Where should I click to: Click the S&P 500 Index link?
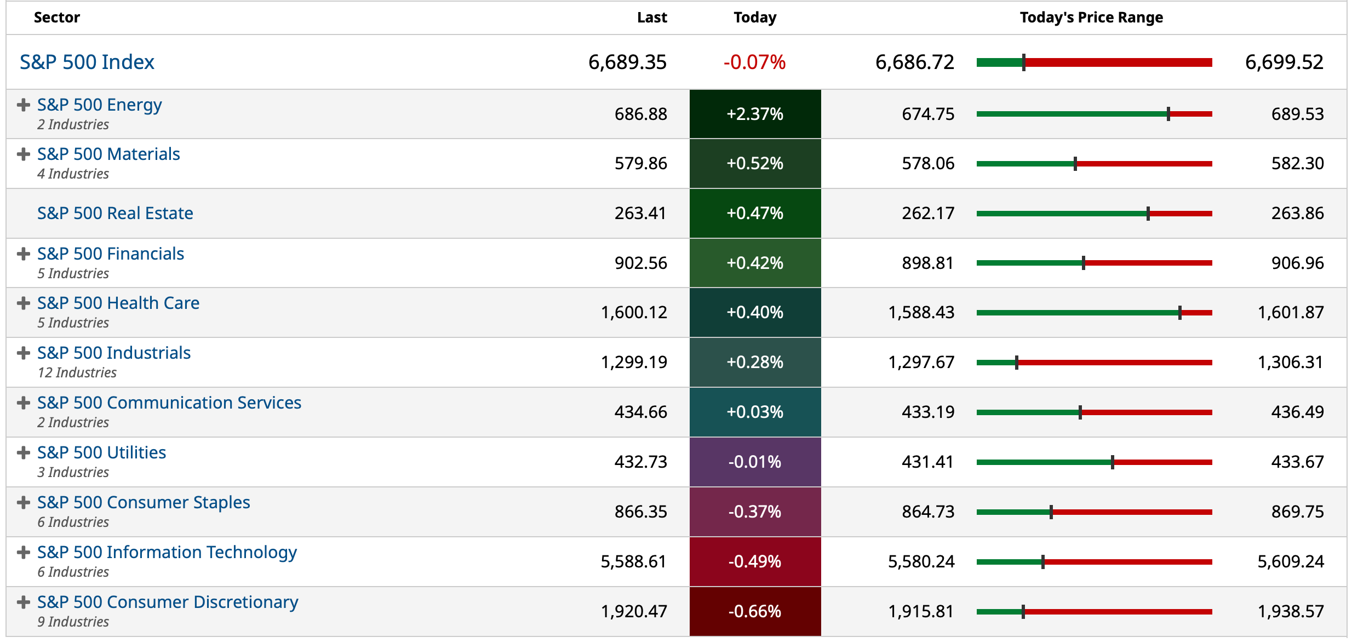point(87,62)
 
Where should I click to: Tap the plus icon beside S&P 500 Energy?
point(23,105)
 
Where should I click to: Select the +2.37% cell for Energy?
point(754,114)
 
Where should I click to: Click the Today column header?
point(754,18)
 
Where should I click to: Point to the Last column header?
point(651,18)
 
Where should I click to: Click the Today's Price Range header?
point(1091,18)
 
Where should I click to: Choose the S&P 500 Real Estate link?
point(115,213)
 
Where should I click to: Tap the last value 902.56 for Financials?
point(640,263)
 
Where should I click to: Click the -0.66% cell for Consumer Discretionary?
point(754,611)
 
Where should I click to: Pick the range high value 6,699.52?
point(1284,62)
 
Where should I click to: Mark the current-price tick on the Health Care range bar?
point(1179,313)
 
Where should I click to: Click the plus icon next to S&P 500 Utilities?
point(23,452)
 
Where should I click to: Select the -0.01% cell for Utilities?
point(754,462)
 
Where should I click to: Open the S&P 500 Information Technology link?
point(167,552)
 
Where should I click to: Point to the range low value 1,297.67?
point(921,362)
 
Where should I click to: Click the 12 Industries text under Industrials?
point(77,372)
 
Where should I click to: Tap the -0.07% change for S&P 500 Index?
point(754,62)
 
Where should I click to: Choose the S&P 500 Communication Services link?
point(169,403)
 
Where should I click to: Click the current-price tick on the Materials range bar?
point(1075,164)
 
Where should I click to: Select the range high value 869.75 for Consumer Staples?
point(1297,512)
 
